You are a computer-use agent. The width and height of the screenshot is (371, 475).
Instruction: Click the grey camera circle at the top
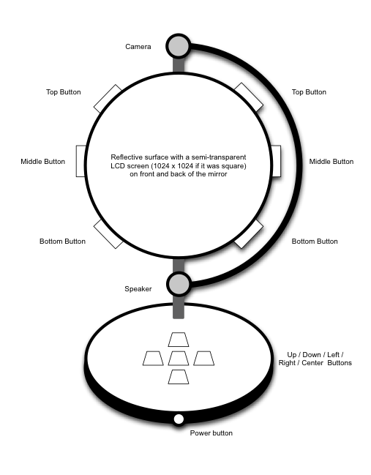pyautogui.click(x=179, y=46)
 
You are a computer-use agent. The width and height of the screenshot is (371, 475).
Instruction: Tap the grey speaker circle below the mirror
pyautogui.click(x=179, y=284)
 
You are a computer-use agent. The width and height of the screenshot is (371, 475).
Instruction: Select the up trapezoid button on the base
pyautogui.click(x=179, y=340)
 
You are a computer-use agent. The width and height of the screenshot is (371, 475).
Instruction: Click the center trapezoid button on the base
pyautogui.click(x=179, y=359)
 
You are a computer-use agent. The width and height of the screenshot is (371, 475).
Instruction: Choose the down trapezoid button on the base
pyautogui.click(x=179, y=377)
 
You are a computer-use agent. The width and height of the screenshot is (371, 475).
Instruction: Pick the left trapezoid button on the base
pyautogui.click(x=153, y=359)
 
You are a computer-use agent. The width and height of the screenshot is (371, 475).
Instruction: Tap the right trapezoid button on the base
pyautogui.click(x=204, y=359)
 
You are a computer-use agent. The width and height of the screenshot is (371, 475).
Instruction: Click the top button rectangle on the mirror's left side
pyautogui.click(x=107, y=100)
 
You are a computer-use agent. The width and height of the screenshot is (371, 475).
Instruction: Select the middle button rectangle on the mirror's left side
pyautogui.click(x=81, y=161)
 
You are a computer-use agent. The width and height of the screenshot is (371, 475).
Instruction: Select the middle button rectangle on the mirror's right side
pyautogui.click(x=276, y=161)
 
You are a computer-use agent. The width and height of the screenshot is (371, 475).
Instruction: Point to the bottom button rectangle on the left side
pyautogui.click(x=108, y=234)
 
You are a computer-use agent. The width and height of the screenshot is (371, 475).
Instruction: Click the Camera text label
pyautogui.click(x=138, y=47)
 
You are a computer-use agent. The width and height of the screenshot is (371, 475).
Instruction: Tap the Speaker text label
pyautogui.click(x=138, y=289)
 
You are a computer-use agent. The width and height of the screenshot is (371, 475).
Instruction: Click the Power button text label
pyautogui.click(x=211, y=433)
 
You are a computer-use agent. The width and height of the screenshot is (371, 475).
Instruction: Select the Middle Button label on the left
pyautogui.click(x=42, y=162)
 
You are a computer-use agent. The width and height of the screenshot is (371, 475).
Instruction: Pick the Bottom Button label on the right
pyautogui.click(x=315, y=242)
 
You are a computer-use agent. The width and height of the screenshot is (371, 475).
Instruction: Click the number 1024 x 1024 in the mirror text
pyautogui.click(x=176, y=165)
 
